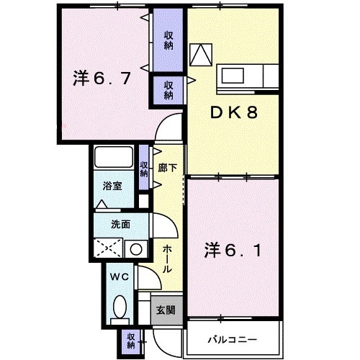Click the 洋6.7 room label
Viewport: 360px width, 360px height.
[100, 78]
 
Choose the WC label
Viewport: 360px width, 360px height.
[120, 276]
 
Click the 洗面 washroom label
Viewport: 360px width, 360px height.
[120, 225]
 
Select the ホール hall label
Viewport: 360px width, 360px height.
[166, 258]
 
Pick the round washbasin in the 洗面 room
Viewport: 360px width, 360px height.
[134, 249]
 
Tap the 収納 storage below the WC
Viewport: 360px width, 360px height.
[131, 339]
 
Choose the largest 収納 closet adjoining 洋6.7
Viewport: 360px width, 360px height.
[168, 40]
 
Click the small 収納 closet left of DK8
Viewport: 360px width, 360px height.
[168, 89]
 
